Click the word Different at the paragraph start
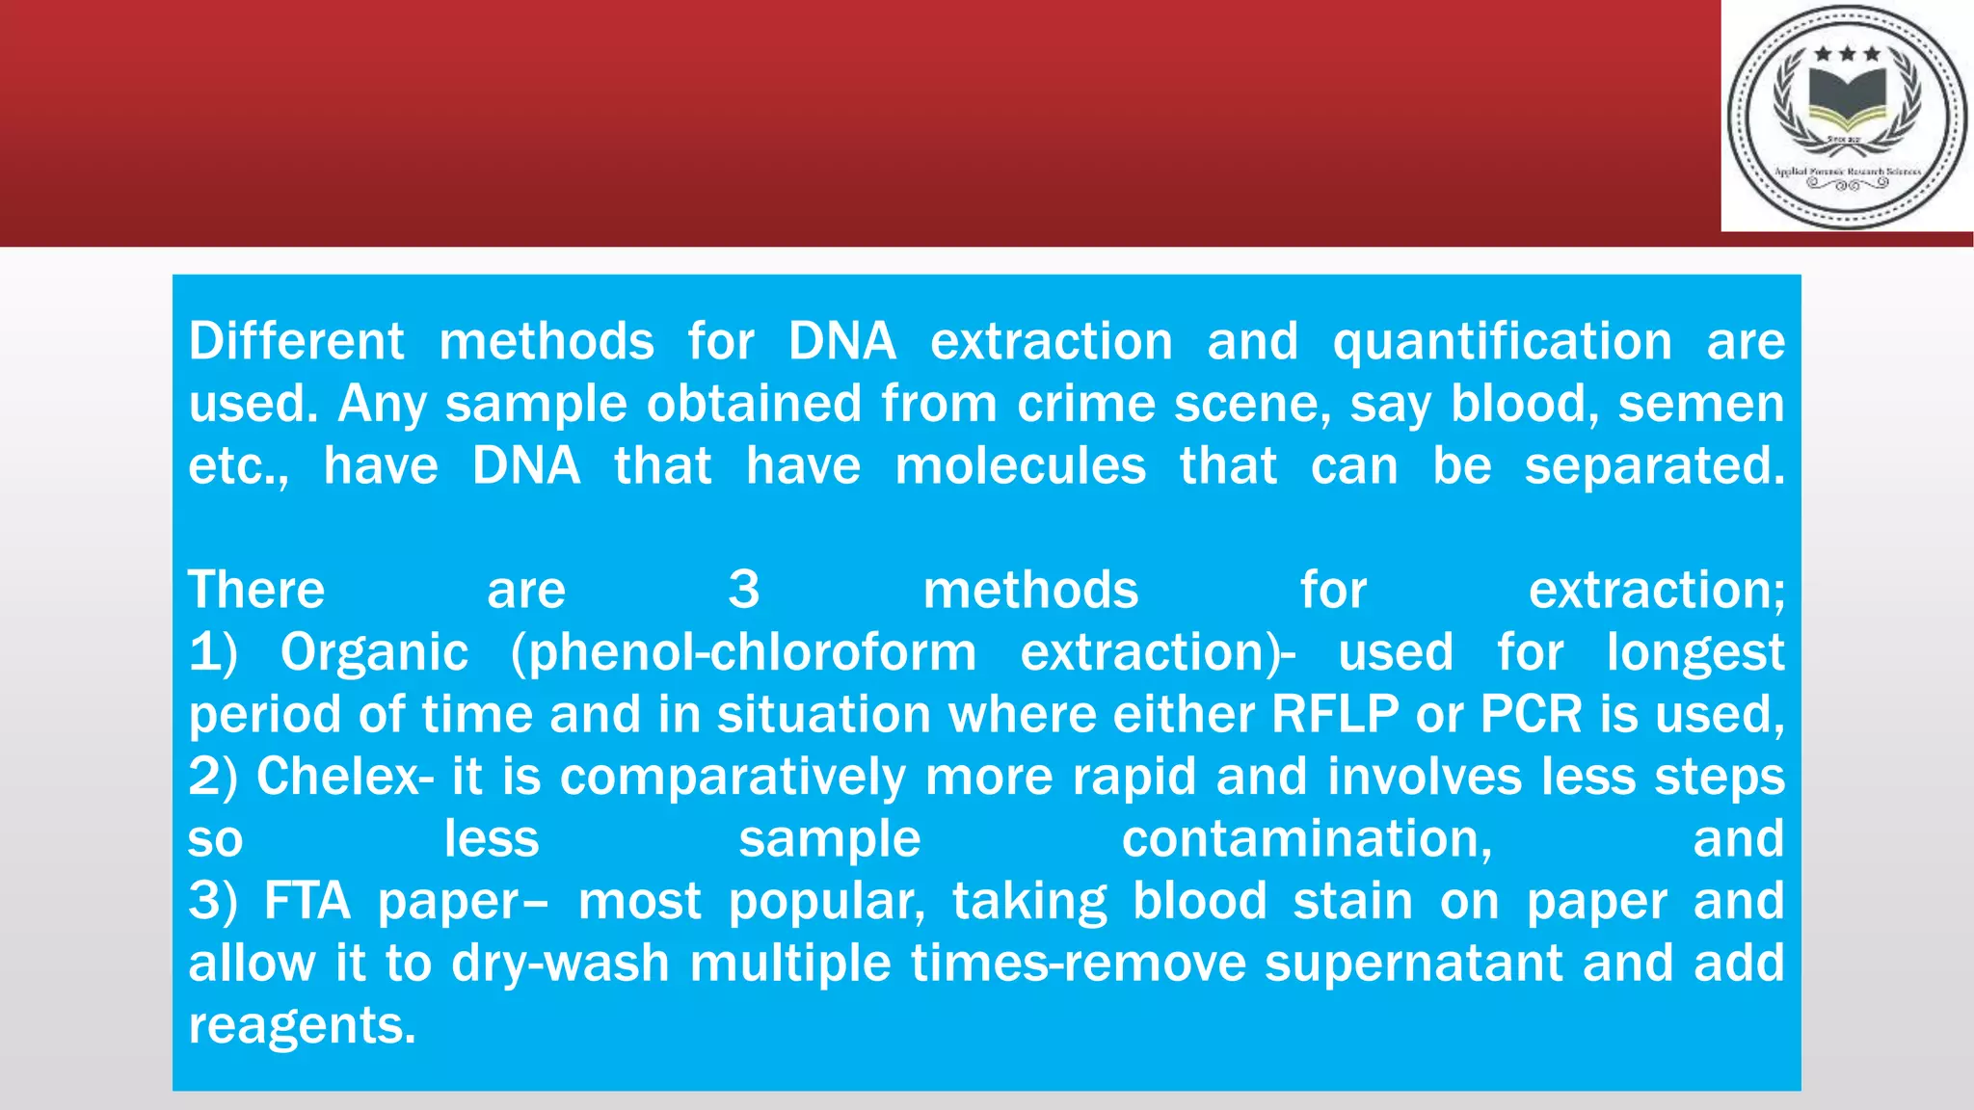point(296,342)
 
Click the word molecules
point(1020,466)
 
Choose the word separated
point(1654,466)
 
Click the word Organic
point(374,653)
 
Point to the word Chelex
point(338,777)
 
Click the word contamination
point(1306,839)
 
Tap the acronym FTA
point(307,902)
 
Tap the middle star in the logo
point(1848,54)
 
